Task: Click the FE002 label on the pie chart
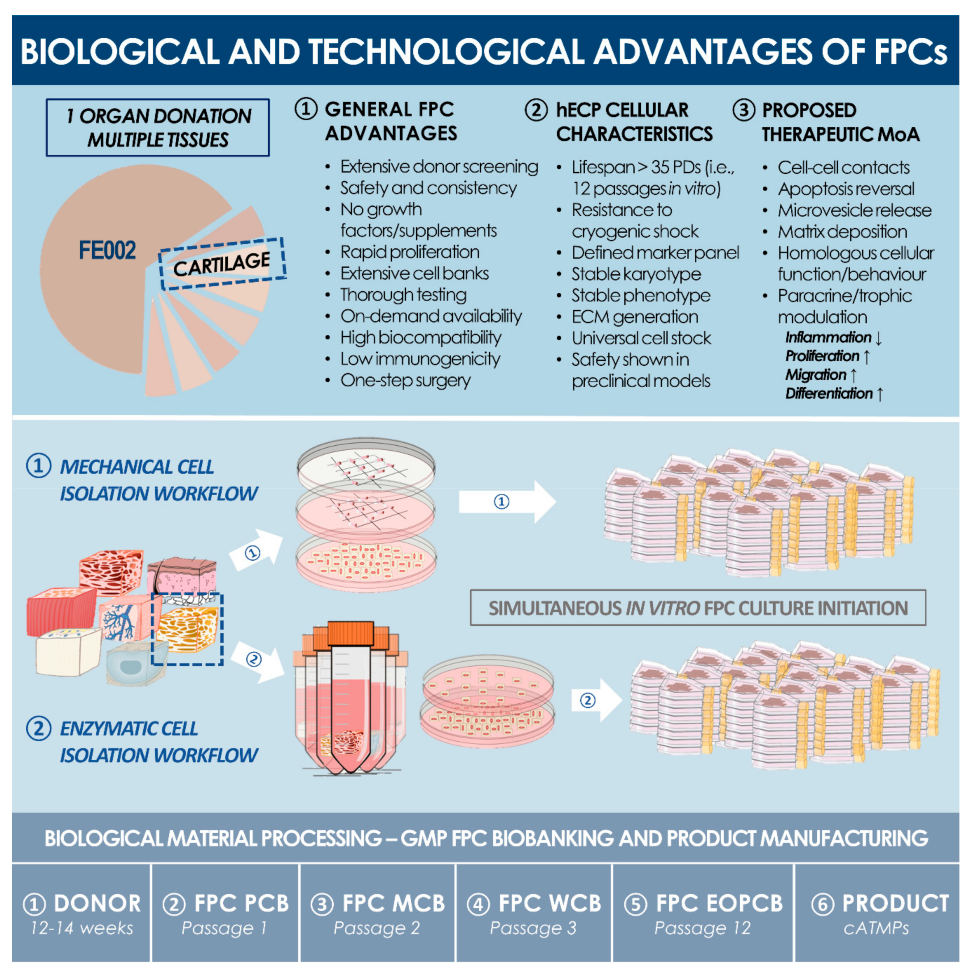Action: coord(107,250)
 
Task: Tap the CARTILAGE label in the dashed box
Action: coord(222,264)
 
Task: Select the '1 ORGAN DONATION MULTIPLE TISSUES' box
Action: coord(157,127)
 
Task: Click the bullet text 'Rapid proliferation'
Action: coord(409,252)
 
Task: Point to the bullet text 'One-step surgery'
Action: coord(405,380)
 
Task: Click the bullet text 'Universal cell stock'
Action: coord(641,338)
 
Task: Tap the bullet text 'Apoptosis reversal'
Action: coord(846,189)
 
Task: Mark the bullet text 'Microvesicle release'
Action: coord(854,210)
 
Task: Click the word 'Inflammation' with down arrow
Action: coord(829,337)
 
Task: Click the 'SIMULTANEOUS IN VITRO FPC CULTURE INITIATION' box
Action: coord(698,608)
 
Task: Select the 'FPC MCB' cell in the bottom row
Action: coord(378,913)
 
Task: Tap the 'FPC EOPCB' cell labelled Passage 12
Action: coord(703,913)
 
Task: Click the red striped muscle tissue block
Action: coord(60,610)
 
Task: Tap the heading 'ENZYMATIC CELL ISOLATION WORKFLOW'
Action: coord(157,742)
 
